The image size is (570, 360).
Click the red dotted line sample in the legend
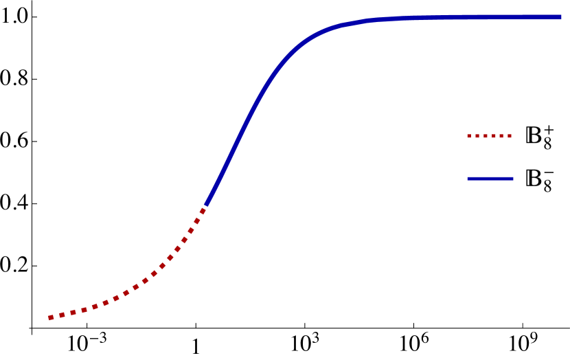tap(490, 136)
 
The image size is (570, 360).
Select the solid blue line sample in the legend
tap(490, 179)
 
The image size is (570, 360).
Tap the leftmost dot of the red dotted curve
tap(51, 317)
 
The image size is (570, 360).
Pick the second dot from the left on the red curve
tap(62, 315)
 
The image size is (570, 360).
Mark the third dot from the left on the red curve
tap(73, 313)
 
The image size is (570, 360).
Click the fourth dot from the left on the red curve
tap(84, 310)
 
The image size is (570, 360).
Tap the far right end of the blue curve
tap(560, 17)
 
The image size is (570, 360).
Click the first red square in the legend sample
tap(469, 136)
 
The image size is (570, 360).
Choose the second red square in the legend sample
tap(477, 136)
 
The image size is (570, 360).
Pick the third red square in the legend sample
tap(486, 136)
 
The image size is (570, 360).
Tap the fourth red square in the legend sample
tap(494, 136)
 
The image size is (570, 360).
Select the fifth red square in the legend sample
tap(502, 136)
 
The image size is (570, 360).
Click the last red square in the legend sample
tap(510, 136)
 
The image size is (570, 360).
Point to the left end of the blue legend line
tap(468, 179)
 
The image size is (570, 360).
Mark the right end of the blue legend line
tap(512, 179)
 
